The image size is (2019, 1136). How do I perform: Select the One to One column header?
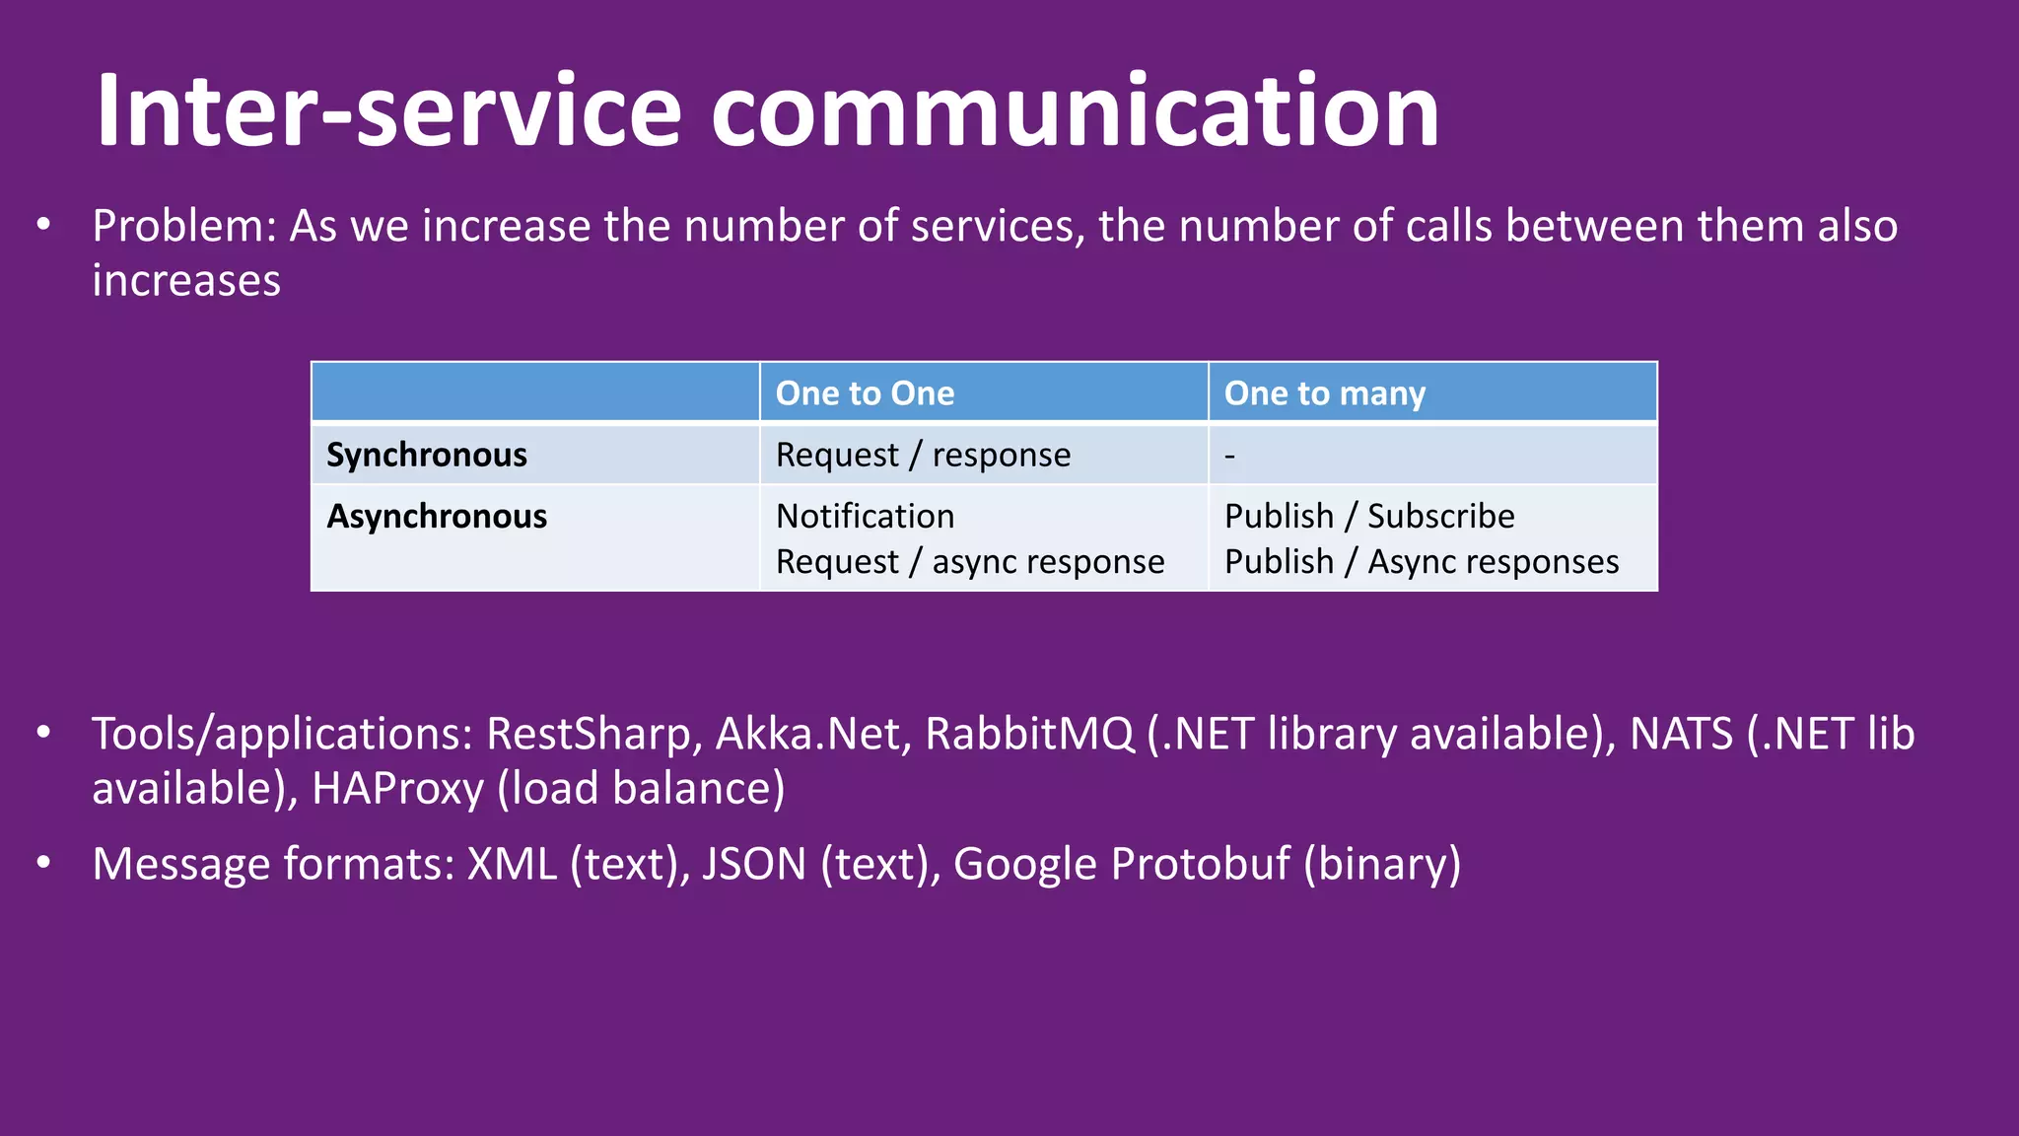865,393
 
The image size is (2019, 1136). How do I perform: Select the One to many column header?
1324,393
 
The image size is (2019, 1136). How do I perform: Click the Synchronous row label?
427,455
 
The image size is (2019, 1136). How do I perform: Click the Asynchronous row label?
437,516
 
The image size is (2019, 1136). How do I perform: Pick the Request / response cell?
923,455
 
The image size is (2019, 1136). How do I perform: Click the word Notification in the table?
865,516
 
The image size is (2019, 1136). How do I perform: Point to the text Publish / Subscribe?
1368,516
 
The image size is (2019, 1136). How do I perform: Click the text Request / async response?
970,561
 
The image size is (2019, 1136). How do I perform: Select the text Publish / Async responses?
1421,561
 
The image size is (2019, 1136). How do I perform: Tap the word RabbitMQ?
1029,734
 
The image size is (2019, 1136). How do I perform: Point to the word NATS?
1681,734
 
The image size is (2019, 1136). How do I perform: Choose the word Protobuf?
1200,864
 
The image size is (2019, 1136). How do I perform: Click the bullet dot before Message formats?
43,864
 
